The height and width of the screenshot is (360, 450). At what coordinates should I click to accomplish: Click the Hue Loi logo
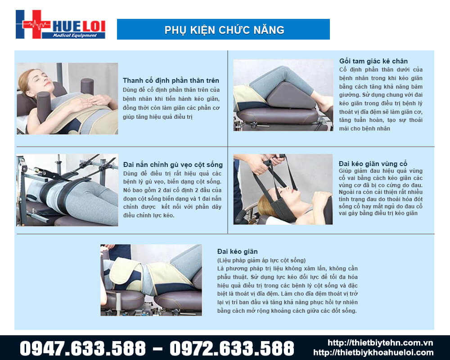(60, 24)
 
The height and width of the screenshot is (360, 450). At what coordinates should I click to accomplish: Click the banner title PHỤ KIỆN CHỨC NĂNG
(224, 30)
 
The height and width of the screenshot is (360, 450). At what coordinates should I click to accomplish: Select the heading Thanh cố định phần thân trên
(171, 81)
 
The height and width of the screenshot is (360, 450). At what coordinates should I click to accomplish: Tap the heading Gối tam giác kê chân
(373, 61)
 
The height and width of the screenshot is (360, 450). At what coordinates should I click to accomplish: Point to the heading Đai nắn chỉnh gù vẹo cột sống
(173, 164)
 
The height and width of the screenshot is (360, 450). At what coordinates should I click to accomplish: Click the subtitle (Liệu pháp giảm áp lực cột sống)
(261, 260)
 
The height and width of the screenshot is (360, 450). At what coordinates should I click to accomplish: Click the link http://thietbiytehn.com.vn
(381, 343)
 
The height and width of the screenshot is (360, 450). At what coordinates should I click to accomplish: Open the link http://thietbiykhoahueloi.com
(373, 353)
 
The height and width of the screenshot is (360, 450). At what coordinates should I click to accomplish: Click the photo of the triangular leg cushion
(283, 95)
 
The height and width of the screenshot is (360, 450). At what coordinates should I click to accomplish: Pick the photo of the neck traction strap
(283, 189)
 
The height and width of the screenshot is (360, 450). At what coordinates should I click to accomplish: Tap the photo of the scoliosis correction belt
(67, 190)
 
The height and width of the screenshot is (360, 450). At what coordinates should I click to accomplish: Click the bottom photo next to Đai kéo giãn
(151, 280)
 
